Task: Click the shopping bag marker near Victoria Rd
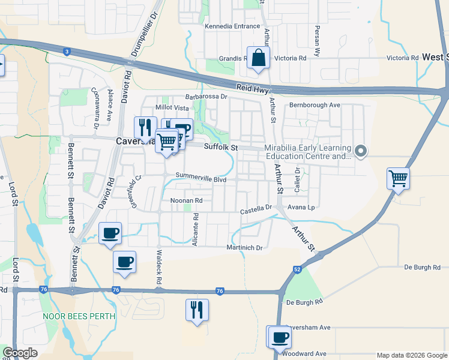tap(258, 58)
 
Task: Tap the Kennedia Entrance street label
tap(232, 26)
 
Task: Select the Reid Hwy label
tap(250, 87)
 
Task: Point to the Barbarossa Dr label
tap(206, 96)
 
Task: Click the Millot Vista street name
tap(172, 107)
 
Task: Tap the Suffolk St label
tap(221, 147)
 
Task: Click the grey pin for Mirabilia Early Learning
tap(360, 151)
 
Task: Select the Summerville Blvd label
tap(200, 178)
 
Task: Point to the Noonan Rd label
tap(187, 201)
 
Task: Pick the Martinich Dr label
tap(244, 248)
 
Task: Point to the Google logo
tap(20, 353)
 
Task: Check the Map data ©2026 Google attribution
tap(411, 355)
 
